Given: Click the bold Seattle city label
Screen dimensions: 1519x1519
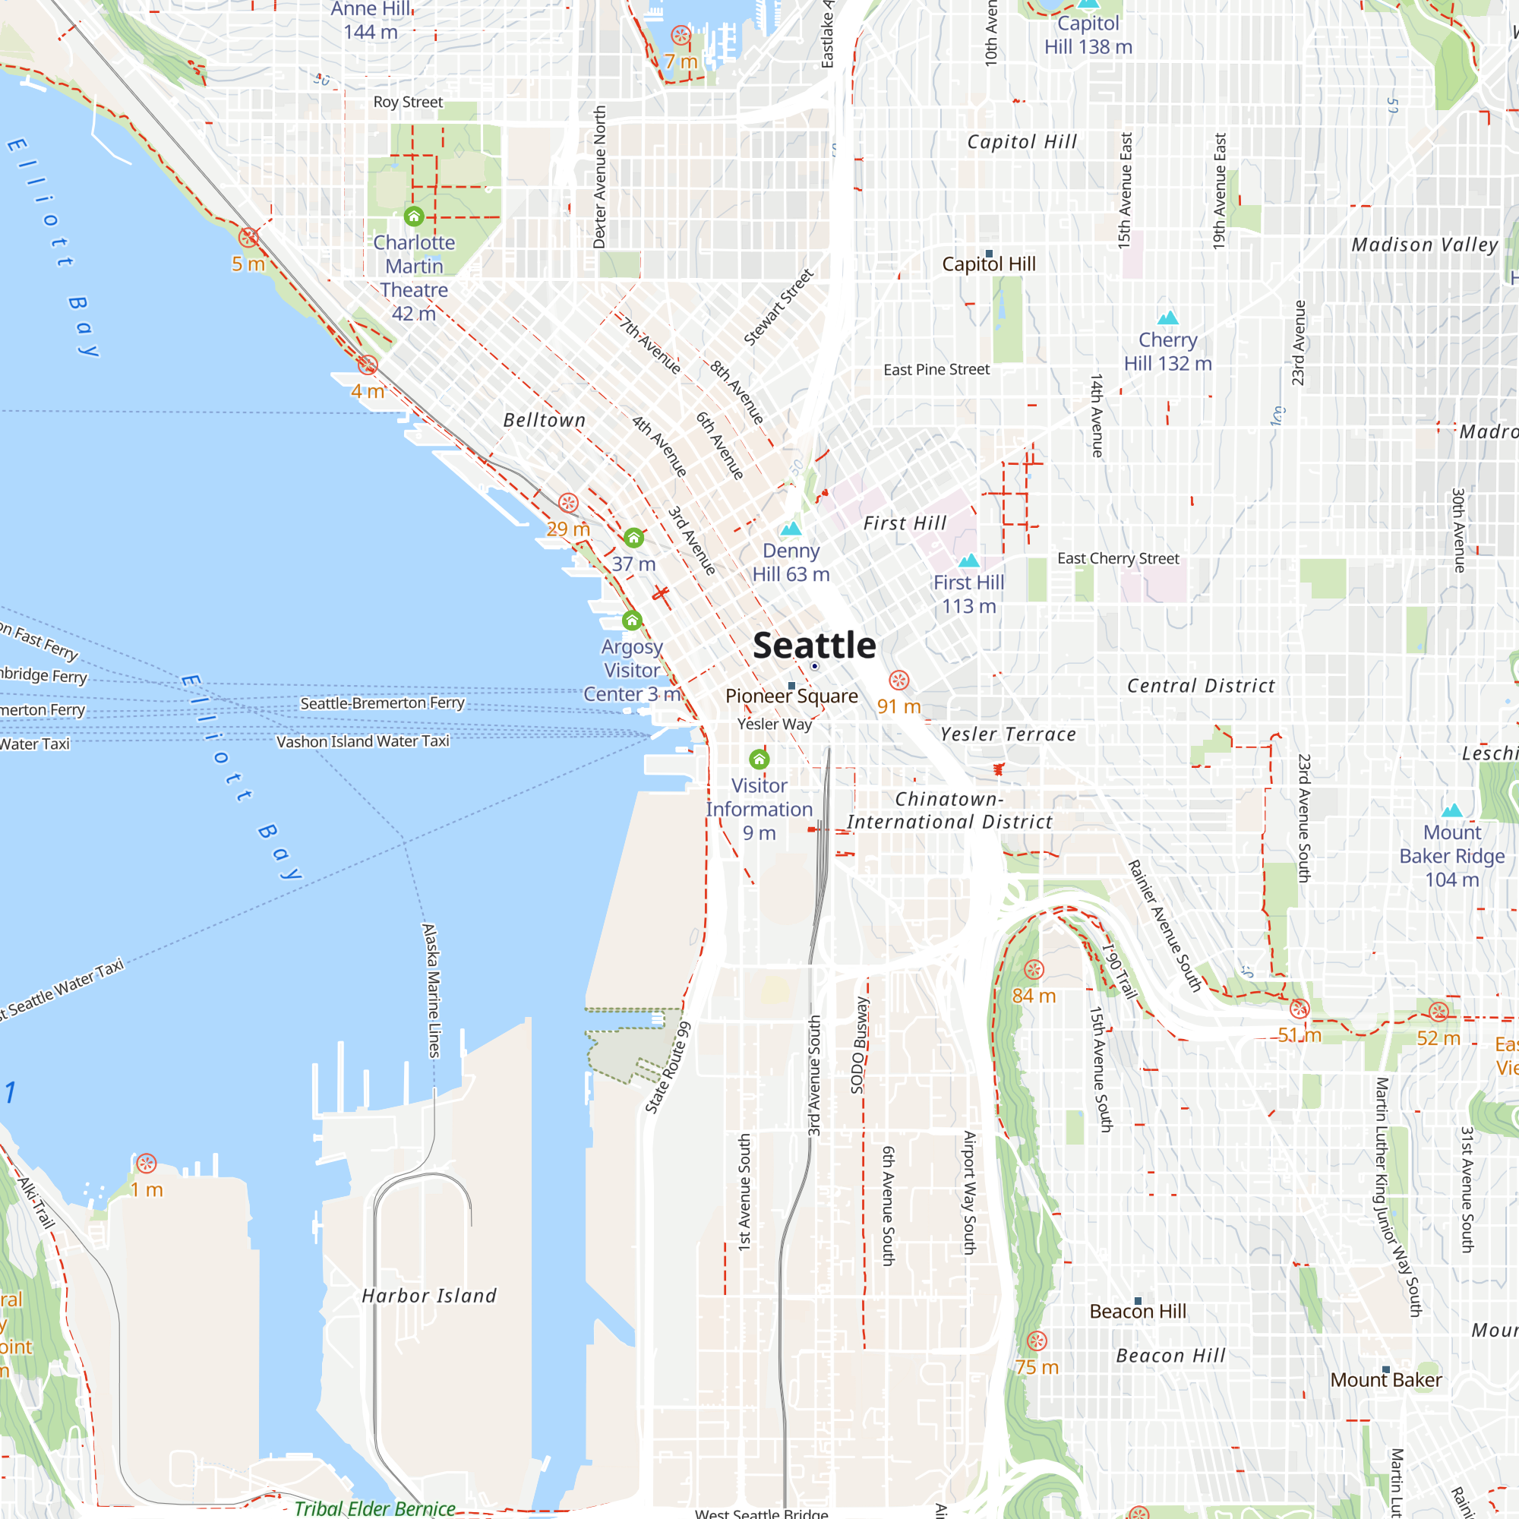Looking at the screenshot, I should coord(813,646).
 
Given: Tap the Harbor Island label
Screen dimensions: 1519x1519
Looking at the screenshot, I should coord(429,1295).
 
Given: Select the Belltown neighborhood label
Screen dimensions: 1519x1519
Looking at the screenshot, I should coord(544,421).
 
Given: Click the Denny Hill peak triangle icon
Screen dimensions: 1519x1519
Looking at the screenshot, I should coord(791,529).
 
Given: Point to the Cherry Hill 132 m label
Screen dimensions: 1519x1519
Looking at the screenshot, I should coord(1167,352).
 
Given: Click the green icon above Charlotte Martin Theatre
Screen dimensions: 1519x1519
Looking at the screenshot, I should coord(414,216).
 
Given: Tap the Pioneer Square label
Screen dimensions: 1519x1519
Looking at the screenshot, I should coord(791,696).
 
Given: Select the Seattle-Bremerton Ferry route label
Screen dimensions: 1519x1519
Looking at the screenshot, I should coord(382,703).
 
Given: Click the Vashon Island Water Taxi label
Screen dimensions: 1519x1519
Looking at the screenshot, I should coord(362,741).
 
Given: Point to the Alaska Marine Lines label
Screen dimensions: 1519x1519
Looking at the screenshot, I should coord(431,990).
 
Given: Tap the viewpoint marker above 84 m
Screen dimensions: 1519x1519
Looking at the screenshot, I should coord(1034,969).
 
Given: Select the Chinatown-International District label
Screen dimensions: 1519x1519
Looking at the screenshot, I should coord(949,810).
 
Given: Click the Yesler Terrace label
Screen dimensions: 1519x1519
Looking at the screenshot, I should coord(1008,734).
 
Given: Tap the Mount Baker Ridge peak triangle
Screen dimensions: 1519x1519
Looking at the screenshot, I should coord(1452,810).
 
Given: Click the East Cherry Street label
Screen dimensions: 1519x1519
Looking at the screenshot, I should coord(1118,558).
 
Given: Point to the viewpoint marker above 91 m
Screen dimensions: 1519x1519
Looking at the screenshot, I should coord(898,680).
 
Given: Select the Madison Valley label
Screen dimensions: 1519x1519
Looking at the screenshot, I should coord(1425,245).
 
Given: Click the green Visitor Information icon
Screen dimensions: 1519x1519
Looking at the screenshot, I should coord(759,759).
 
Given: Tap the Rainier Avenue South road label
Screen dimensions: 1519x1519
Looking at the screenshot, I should coord(1164,925).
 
